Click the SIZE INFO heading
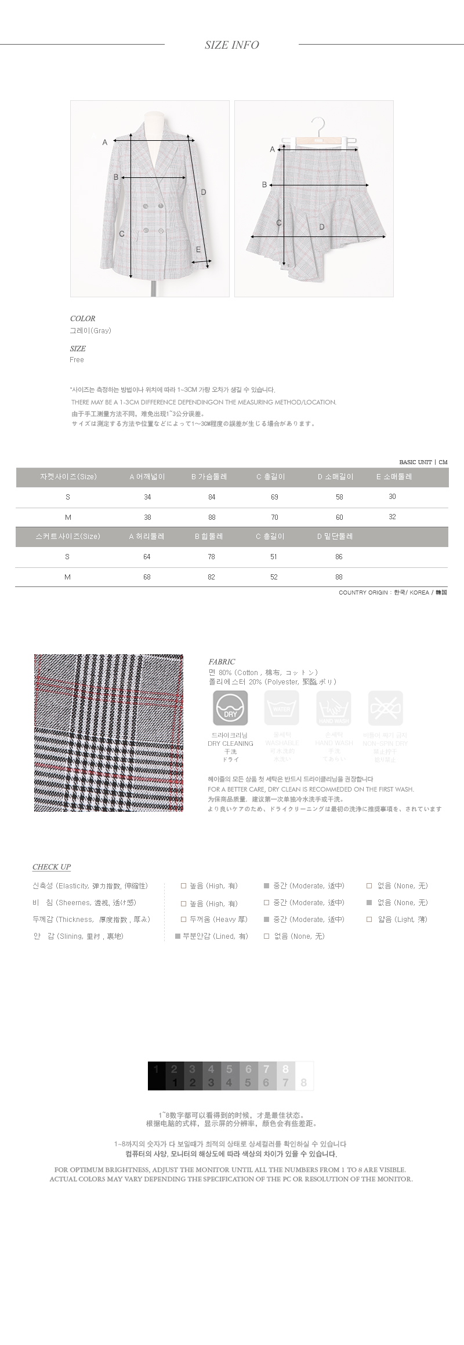(x=231, y=45)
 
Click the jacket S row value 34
(x=147, y=497)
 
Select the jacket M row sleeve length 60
(x=339, y=517)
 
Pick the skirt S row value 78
(x=211, y=557)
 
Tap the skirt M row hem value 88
(x=339, y=577)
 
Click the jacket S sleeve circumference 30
(x=392, y=497)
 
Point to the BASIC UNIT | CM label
(x=423, y=462)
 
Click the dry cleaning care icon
(x=230, y=708)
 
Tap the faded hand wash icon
(x=333, y=708)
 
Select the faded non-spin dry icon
(x=385, y=708)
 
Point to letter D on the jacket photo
(x=204, y=192)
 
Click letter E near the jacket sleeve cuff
(x=198, y=250)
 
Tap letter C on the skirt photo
(x=279, y=223)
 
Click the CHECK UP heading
(x=52, y=867)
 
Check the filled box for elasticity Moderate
(x=266, y=885)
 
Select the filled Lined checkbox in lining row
(x=178, y=936)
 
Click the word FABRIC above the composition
(x=222, y=662)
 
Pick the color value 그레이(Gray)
(x=90, y=331)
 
